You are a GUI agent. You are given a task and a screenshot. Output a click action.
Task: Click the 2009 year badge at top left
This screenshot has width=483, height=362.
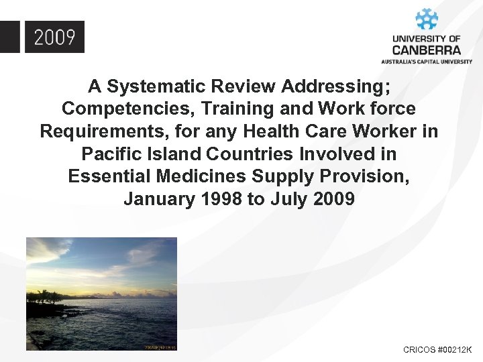54,37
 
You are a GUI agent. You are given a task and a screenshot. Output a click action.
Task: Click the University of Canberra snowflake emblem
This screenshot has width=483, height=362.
427,19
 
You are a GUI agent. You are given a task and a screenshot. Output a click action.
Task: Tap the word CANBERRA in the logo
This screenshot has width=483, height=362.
427,50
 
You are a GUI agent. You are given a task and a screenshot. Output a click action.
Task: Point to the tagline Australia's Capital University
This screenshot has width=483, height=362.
427,61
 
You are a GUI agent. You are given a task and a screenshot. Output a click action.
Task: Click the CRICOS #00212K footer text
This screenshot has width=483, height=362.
437,350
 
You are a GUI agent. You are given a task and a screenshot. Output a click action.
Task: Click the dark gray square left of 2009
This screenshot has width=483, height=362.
9,37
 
